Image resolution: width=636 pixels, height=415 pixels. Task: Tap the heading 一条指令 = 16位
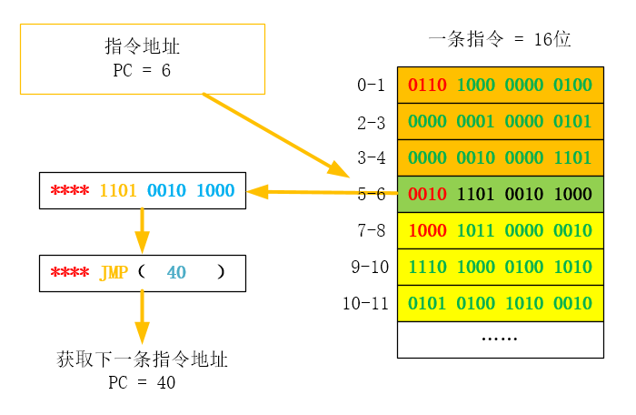499,39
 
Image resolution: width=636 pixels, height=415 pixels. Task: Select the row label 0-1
371,85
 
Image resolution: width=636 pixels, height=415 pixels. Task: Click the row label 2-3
371,121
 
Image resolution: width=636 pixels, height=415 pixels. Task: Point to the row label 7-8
371,230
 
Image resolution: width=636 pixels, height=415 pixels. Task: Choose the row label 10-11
365,303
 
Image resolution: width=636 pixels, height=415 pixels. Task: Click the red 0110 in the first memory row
427,86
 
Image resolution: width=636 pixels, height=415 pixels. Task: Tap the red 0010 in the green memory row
427,194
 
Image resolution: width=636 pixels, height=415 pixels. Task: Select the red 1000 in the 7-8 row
427,230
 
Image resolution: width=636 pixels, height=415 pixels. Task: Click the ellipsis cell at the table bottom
500,339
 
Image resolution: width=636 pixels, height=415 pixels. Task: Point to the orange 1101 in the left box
117,191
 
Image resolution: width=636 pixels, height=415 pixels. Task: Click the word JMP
114,273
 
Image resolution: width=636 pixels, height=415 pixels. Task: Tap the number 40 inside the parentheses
176,273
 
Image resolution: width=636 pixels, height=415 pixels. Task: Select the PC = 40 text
142,383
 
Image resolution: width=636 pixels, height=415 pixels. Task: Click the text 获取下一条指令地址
142,360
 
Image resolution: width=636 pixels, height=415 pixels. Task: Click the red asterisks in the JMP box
69,273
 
